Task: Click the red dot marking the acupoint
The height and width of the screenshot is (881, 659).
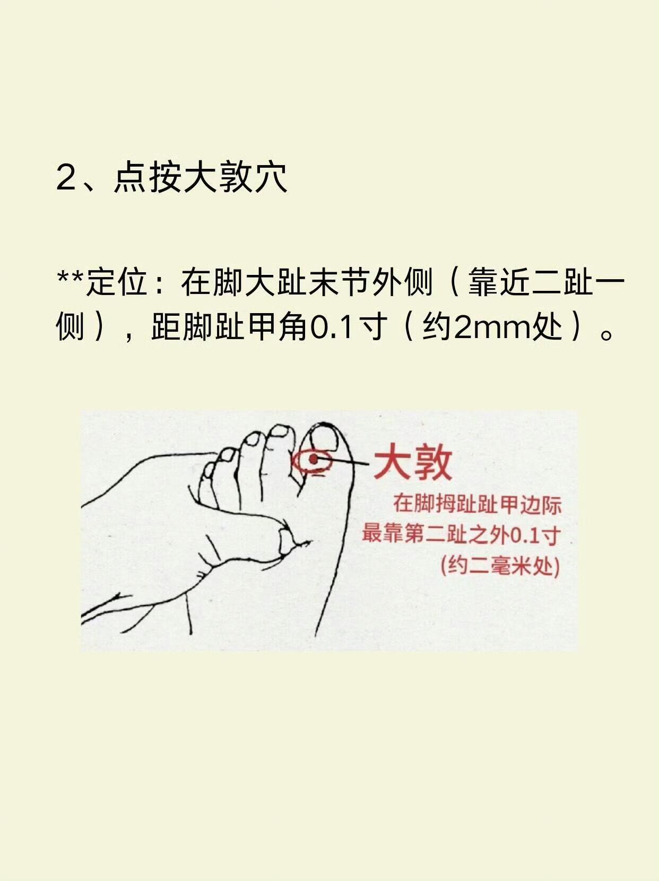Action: click(313, 459)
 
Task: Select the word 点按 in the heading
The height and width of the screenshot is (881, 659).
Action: click(142, 177)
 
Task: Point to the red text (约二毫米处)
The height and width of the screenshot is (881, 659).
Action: click(500, 567)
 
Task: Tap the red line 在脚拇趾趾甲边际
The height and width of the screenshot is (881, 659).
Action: click(477, 505)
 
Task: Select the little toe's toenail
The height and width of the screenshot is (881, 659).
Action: click(209, 469)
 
